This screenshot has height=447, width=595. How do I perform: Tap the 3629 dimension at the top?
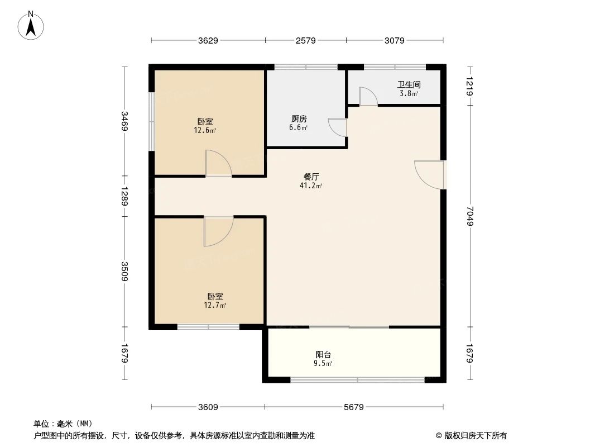[x=207, y=40]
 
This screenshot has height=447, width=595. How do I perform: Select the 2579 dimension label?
[x=305, y=40]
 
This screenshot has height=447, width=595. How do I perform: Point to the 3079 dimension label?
[x=394, y=40]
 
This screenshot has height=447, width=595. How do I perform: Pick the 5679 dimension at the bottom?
[x=354, y=407]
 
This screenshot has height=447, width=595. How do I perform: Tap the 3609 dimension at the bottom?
[x=207, y=407]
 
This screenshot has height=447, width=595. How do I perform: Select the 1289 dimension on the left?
[x=124, y=196]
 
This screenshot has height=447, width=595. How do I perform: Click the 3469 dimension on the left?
[x=124, y=121]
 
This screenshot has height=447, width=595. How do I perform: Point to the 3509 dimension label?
[x=124, y=272]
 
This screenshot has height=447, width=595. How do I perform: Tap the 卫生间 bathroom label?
[x=409, y=85]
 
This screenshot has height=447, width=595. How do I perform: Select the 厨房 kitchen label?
[x=299, y=119]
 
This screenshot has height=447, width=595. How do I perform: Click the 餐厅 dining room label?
[x=312, y=177]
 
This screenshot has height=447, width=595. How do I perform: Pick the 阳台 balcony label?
[x=323, y=354]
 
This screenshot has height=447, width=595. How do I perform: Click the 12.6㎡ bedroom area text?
[x=205, y=131]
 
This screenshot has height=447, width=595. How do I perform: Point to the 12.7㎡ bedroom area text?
[x=215, y=305]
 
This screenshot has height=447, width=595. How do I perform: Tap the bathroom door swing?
[x=368, y=96]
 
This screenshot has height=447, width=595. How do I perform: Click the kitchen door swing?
[x=337, y=127]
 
